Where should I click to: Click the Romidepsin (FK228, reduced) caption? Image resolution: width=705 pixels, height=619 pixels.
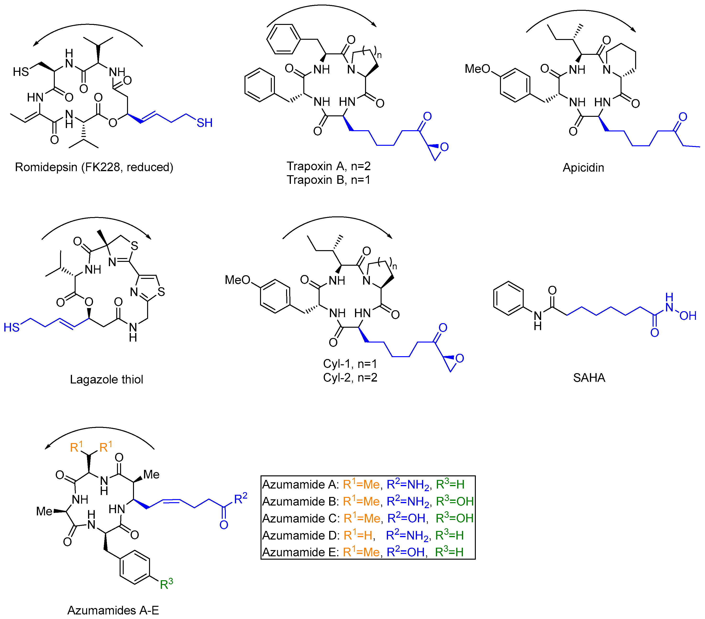pyautogui.click(x=94, y=167)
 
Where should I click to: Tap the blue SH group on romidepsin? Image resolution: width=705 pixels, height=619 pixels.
pyautogui.click(x=204, y=123)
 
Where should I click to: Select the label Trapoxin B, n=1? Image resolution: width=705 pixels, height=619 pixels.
pyautogui.click(x=328, y=180)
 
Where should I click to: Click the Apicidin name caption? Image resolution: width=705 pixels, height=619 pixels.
pyautogui.click(x=583, y=168)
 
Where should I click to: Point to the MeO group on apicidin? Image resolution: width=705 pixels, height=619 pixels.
pyautogui.click(x=477, y=69)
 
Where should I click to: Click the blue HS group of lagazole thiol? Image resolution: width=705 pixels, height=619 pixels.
pyautogui.click(x=11, y=327)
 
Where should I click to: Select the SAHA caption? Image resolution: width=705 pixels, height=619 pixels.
pyautogui.click(x=589, y=378)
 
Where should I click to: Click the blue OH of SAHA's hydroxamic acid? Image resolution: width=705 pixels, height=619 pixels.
pyautogui.click(x=688, y=316)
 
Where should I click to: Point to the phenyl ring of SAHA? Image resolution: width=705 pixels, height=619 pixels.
pyautogui.click(x=508, y=298)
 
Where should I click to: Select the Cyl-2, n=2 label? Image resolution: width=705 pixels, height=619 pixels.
pyautogui.click(x=350, y=378)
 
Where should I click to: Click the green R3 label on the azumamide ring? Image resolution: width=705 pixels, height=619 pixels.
pyautogui.click(x=166, y=584)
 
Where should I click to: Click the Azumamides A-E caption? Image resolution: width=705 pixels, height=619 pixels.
pyautogui.click(x=113, y=610)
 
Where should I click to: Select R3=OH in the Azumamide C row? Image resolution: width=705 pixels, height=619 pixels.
pyautogui.click(x=454, y=518)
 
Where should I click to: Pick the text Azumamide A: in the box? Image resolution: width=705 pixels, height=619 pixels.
pyautogui.click(x=300, y=484)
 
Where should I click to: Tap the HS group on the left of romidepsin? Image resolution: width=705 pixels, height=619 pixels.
pyautogui.click(x=21, y=72)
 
